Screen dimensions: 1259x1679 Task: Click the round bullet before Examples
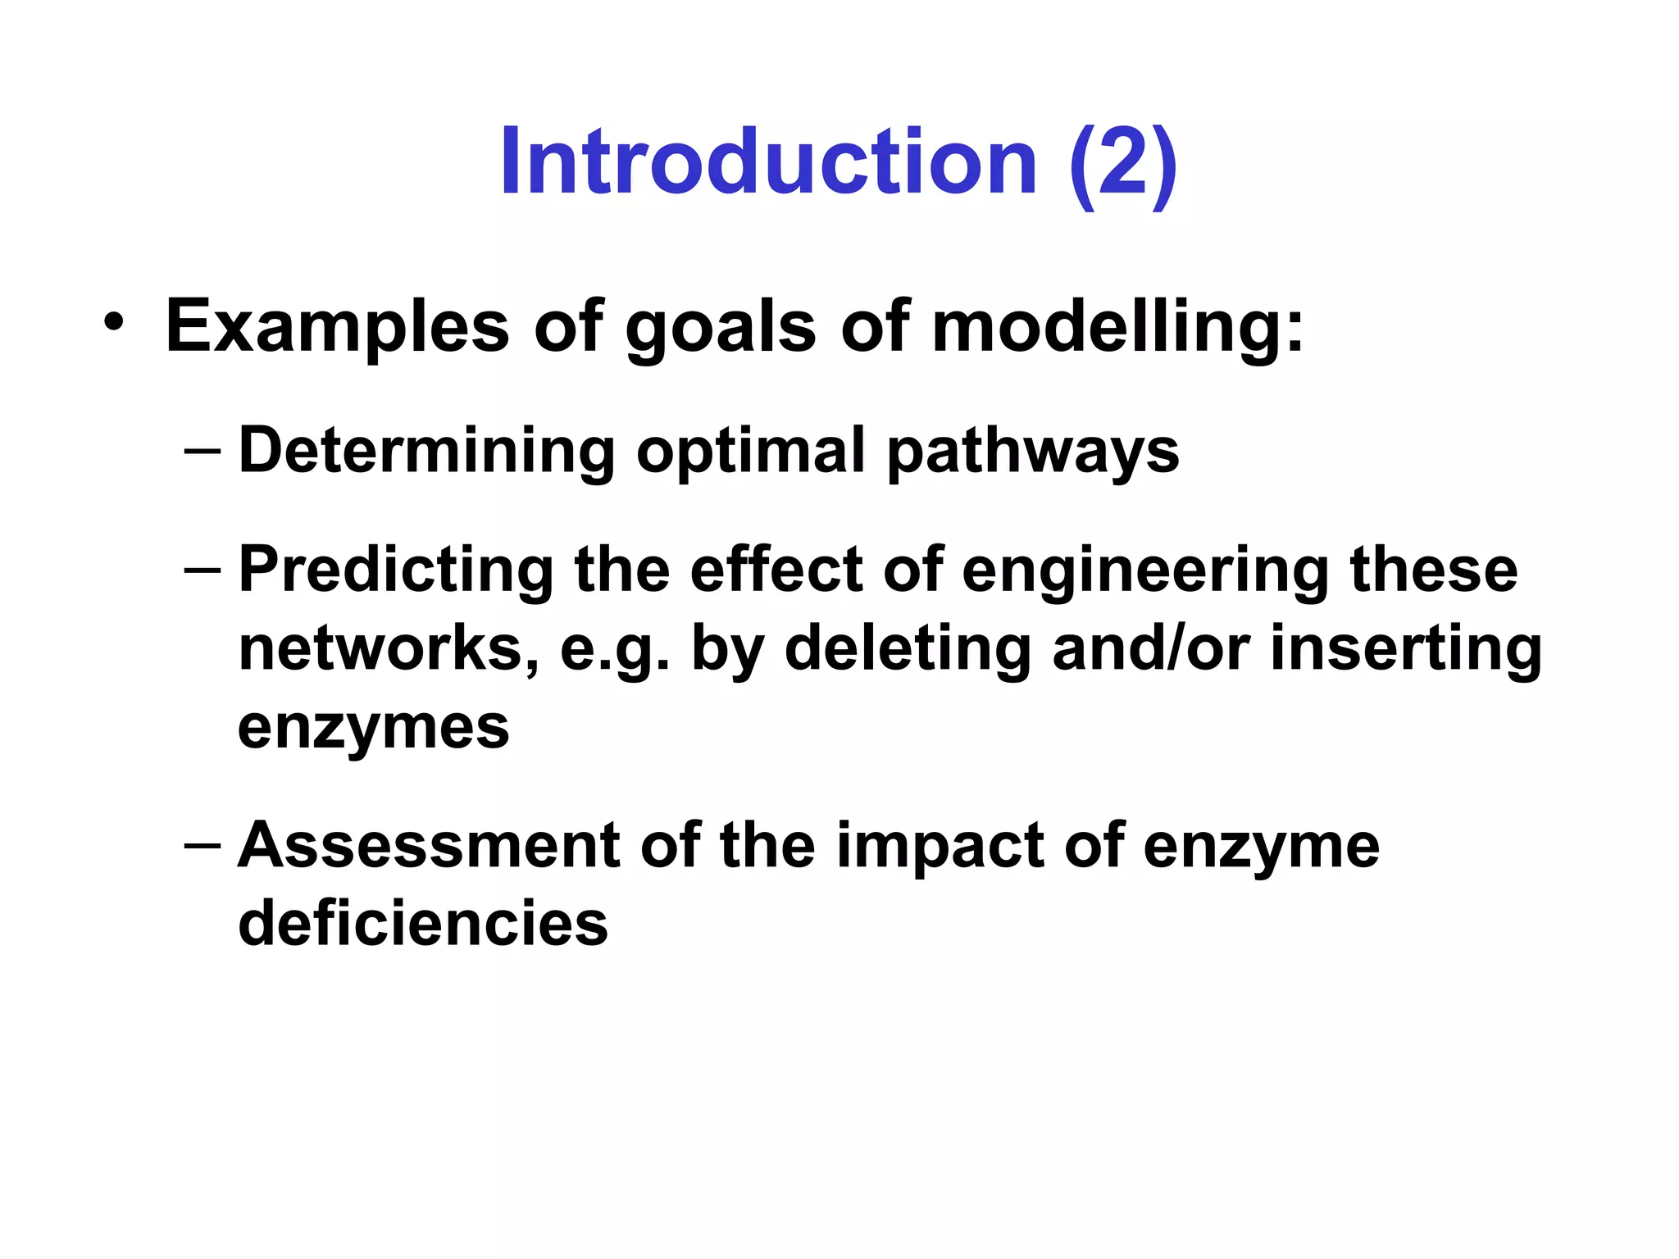point(115,322)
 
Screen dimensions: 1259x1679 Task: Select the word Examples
point(338,326)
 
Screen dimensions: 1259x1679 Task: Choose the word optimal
point(750,452)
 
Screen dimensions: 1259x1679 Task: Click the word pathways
point(1033,452)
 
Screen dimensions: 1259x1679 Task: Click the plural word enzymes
point(373,727)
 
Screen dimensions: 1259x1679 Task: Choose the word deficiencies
point(423,923)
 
